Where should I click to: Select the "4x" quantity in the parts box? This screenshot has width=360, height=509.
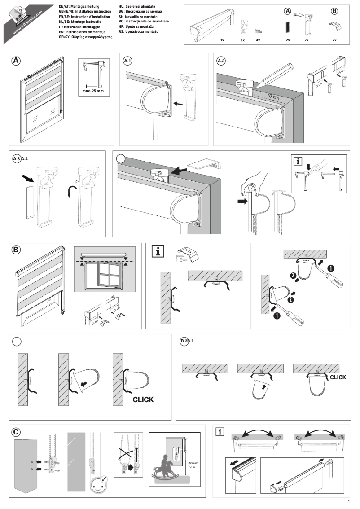(258, 40)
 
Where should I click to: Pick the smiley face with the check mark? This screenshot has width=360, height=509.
(98, 485)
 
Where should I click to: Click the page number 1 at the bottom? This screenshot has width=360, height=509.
(349, 502)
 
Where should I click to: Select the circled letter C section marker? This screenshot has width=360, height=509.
(16, 432)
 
